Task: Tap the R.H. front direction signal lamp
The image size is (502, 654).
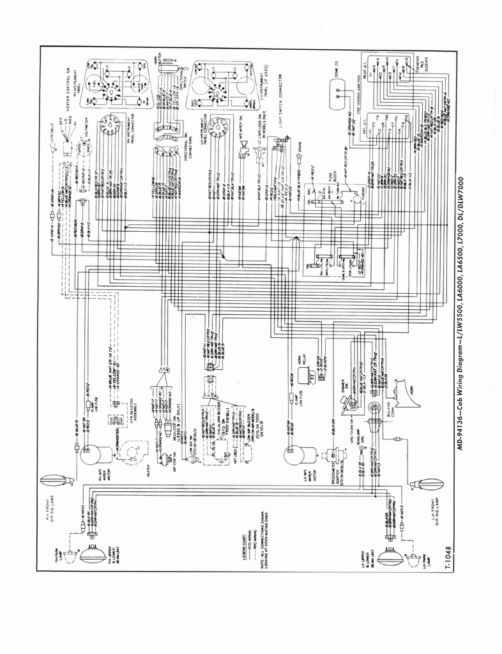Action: click(x=55, y=480)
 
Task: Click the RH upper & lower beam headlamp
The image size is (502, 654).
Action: click(x=93, y=552)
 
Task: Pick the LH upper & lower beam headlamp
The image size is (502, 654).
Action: click(x=390, y=557)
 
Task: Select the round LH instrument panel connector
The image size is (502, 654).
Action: click(x=219, y=127)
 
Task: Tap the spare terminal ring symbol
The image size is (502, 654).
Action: click(x=298, y=156)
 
